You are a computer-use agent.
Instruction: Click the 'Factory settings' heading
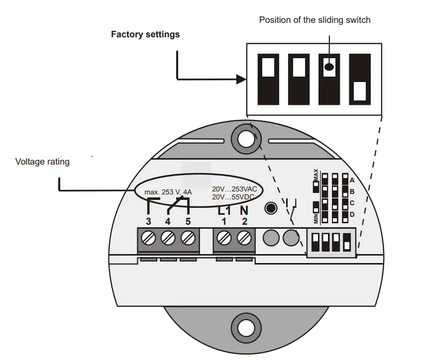tap(145, 35)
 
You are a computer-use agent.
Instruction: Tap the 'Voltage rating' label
tap(42, 162)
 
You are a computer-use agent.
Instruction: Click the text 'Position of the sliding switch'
tap(315, 20)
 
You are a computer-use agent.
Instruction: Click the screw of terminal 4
tap(168, 238)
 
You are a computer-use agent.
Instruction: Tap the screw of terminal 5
tap(187, 238)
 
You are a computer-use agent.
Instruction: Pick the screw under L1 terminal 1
tap(224, 238)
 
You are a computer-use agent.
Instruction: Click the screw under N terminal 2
tap(243, 238)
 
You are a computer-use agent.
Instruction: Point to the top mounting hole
tap(246, 139)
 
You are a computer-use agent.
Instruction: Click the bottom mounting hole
tap(246, 328)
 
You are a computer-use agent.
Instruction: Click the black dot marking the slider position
tap(329, 66)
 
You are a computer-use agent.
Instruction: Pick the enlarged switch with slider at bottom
tap(359, 79)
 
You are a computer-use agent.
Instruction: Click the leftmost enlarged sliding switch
tap(268, 79)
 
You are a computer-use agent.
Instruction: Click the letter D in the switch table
tap(352, 214)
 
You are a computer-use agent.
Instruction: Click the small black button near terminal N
tap(271, 207)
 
